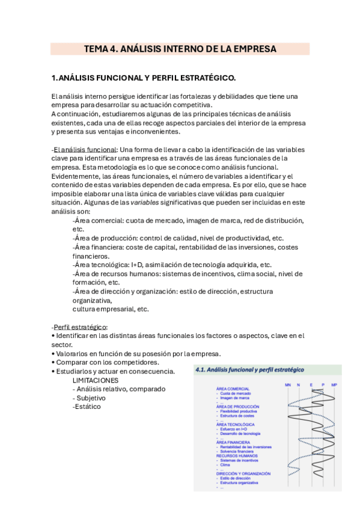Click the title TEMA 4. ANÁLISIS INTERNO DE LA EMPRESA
pyautogui.click(x=180, y=49)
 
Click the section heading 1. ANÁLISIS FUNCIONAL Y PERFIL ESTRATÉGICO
pyautogui.click(x=143, y=78)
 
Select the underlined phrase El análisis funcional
pyautogui.click(x=85, y=149)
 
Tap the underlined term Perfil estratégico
pyautogui.click(x=79, y=327)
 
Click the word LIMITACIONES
pyautogui.click(x=95, y=381)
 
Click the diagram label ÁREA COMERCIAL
pyautogui.click(x=233, y=389)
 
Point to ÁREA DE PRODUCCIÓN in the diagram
pyautogui.click(x=238, y=407)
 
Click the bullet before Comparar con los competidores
pyautogui.click(x=53, y=363)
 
